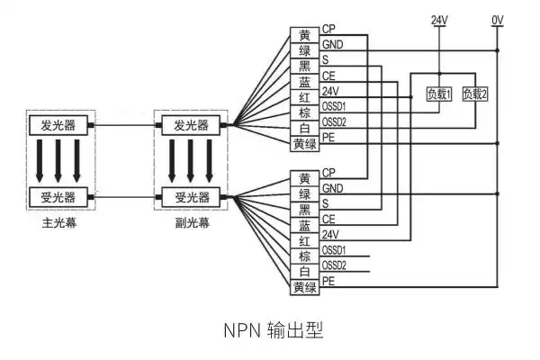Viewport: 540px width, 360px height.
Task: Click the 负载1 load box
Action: (438, 94)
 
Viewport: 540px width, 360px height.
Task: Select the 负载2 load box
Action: (474, 94)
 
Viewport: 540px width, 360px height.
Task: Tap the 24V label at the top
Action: (438, 19)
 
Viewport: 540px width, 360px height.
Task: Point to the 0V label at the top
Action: (498, 19)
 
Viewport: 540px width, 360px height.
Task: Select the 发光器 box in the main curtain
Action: (51, 124)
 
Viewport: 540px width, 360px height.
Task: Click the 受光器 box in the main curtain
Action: (51, 197)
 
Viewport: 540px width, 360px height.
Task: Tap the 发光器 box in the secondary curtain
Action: (190, 124)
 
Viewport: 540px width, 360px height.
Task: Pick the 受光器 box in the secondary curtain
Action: (190, 197)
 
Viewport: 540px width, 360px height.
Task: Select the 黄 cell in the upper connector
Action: (304, 34)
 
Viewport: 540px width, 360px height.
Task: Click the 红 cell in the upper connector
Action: (304, 97)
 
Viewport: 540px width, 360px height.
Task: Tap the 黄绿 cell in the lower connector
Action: (304, 287)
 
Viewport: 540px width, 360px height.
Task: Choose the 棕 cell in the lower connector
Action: (304, 256)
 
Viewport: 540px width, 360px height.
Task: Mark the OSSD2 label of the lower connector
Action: (334, 265)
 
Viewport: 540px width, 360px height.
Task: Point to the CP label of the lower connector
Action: (328, 172)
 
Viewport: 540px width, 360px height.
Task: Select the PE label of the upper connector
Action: (328, 136)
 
